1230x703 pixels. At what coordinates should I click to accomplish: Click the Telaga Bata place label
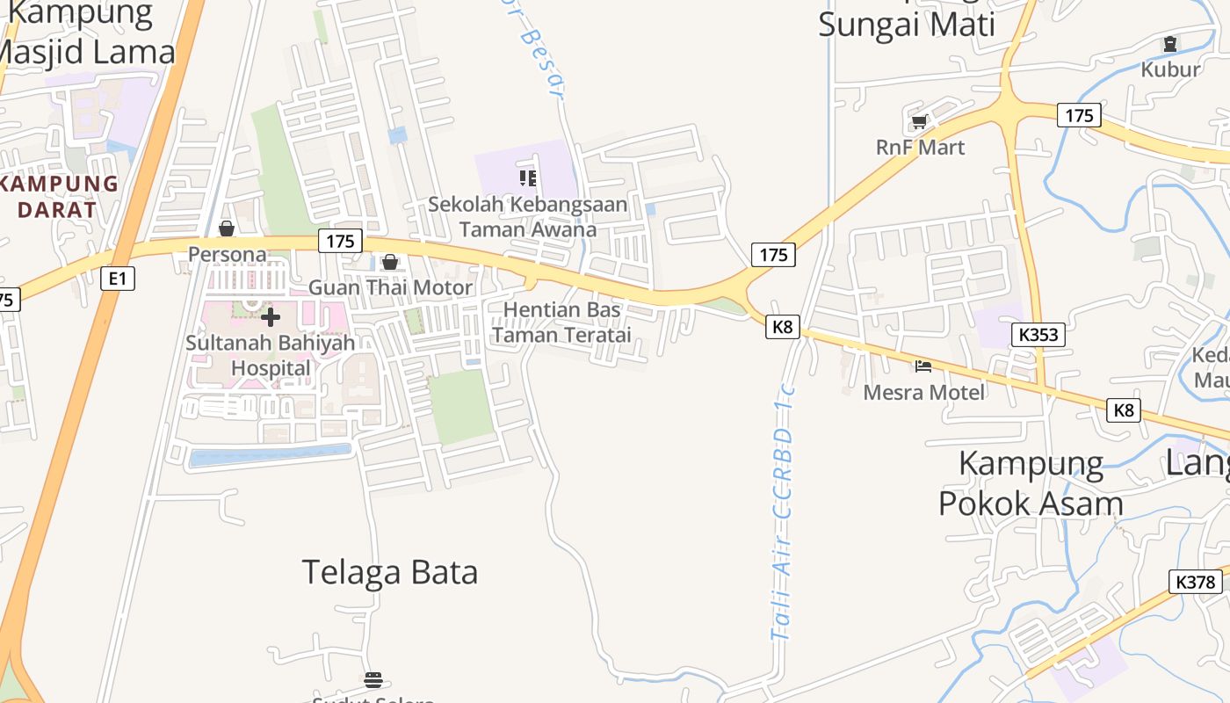[390, 572]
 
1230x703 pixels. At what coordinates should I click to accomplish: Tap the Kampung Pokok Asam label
[1031, 483]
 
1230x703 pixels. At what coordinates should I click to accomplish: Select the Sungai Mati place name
[907, 24]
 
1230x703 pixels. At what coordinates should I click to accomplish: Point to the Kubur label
[1170, 69]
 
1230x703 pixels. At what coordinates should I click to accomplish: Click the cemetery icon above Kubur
[1170, 43]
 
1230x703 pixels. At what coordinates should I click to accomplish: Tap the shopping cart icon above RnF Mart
[919, 121]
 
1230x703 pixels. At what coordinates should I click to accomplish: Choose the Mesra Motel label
[924, 392]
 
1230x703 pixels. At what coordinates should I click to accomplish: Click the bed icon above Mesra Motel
[922, 366]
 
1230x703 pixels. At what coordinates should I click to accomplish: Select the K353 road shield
[1038, 334]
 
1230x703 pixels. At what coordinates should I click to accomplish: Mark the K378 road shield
[1196, 582]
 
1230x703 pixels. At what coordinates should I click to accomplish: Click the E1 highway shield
[117, 279]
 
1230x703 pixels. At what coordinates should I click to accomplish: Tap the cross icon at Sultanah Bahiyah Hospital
[271, 316]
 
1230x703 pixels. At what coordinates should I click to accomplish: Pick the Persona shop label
[228, 254]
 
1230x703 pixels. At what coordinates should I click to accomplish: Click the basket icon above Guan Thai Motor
[390, 262]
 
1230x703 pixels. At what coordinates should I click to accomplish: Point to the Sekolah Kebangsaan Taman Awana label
[528, 217]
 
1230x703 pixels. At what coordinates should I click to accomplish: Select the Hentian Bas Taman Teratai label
[561, 323]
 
